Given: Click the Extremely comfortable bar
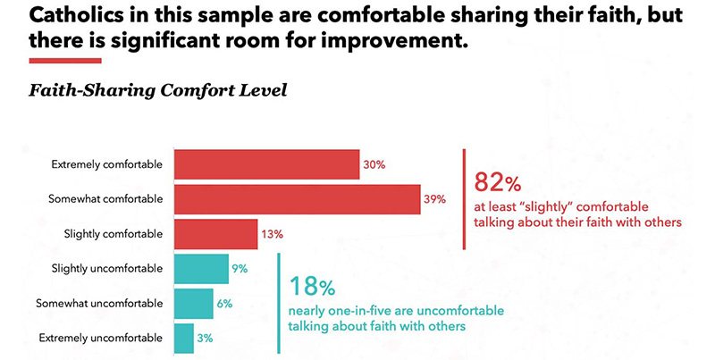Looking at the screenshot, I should click(266, 164).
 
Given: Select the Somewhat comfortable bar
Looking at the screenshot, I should click(297, 199).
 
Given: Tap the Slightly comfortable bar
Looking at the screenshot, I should click(215, 234).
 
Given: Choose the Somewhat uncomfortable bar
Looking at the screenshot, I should click(193, 303).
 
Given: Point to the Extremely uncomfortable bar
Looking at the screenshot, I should click(183, 338).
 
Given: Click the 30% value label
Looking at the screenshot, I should click(374, 165).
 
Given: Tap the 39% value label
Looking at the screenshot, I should click(434, 199).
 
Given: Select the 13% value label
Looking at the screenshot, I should click(273, 234).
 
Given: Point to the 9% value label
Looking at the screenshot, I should click(239, 268).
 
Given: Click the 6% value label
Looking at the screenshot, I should click(224, 303).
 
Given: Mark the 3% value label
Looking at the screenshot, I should click(206, 338).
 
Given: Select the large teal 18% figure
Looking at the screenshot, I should click(312, 288).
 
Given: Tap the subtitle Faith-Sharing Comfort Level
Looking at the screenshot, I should click(157, 91).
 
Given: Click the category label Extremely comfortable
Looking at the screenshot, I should click(107, 165).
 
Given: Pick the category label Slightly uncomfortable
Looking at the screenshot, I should click(107, 268).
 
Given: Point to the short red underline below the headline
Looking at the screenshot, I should click(65, 61).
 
